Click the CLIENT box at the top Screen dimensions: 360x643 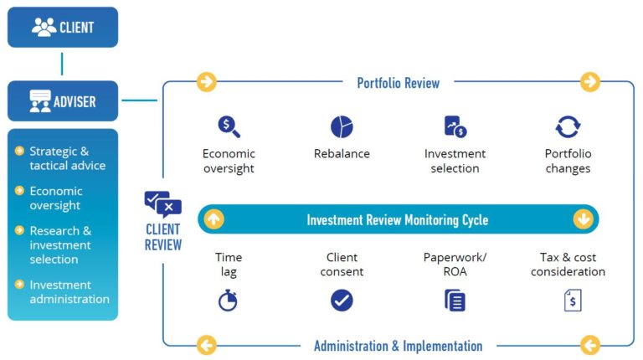(x=63, y=27)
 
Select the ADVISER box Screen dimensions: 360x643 (x=63, y=101)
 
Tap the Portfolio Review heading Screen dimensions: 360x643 (x=398, y=82)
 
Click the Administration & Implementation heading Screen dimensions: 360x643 (x=398, y=346)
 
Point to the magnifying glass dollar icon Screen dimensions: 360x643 (x=229, y=127)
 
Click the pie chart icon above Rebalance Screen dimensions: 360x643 (x=342, y=127)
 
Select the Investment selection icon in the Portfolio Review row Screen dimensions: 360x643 (x=455, y=127)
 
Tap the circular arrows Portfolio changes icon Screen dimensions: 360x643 (x=568, y=127)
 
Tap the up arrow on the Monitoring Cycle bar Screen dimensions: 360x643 (x=213, y=219)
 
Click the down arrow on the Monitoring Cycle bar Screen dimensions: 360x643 (x=583, y=219)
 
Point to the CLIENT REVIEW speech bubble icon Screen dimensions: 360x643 (x=162, y=204)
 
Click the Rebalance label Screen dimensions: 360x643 (x=342, y=154)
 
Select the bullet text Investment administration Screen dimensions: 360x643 (x=69, y=292)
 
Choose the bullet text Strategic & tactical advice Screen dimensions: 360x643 (x=67, y=158)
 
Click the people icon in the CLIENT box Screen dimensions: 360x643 (x=44, y=27)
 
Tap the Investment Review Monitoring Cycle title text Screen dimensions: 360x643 (x=398, y=220)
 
